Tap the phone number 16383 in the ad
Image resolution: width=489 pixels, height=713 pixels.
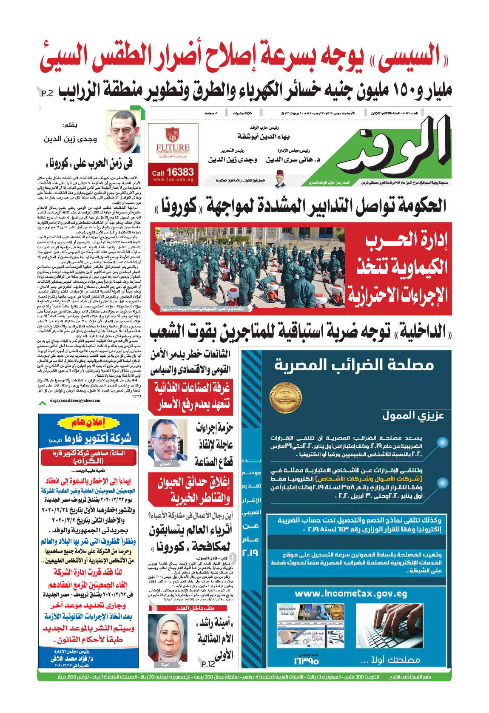click(x=173, y=172)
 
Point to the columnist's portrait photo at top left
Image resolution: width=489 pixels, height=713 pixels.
click(x=123, y=132)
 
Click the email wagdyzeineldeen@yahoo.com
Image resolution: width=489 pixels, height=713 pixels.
click(x=75, y=401)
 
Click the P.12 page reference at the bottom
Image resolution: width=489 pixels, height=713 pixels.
click(x=208, y=664)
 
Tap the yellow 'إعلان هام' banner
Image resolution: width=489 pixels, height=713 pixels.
click(x=88, y=423)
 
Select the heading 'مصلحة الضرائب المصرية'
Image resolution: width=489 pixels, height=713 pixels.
click(x=354, y=365)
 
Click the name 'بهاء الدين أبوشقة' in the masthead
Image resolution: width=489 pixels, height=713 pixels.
click(x=264, y=136)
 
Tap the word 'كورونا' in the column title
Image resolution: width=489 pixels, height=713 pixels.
click(x=59, y=163)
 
